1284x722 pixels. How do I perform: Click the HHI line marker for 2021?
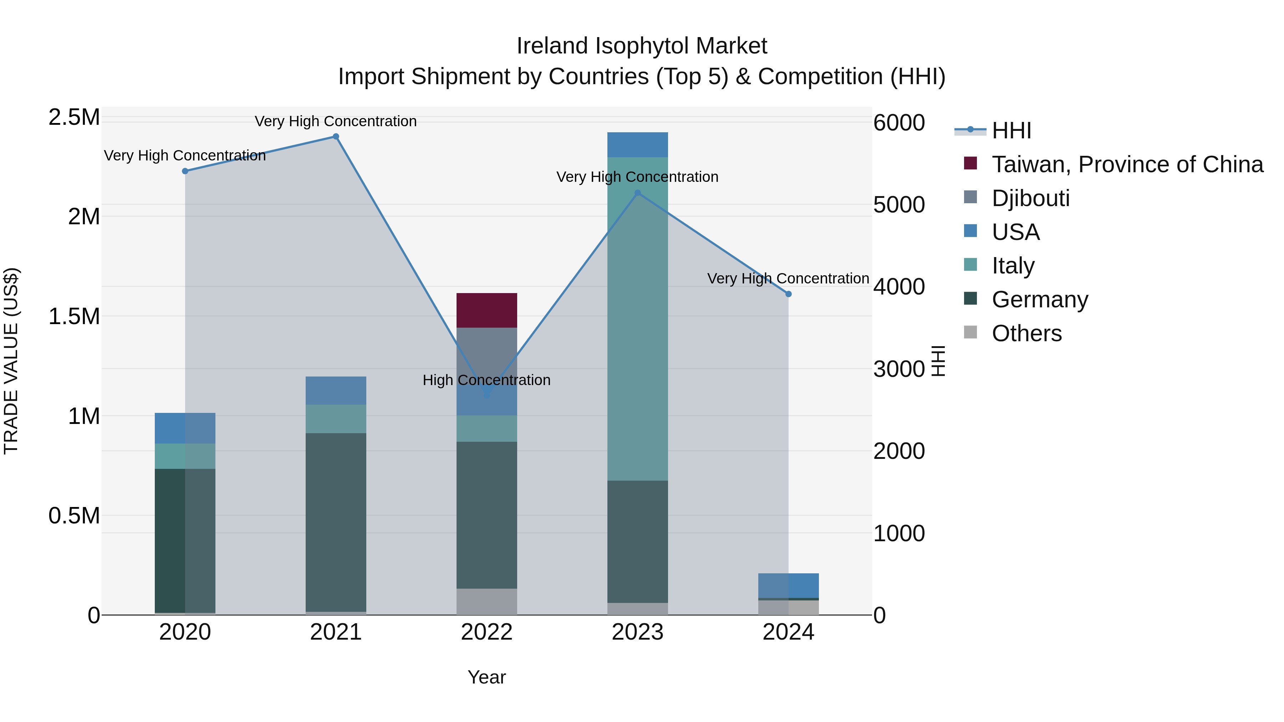336,137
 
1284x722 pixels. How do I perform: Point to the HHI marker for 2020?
185,171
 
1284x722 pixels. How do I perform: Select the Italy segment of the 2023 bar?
637,319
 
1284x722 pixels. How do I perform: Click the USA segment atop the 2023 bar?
637,144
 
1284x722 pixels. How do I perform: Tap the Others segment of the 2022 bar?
486,601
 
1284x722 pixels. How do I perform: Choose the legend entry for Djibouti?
1030,198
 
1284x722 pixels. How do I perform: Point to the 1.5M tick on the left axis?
74,316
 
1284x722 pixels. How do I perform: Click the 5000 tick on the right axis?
899,205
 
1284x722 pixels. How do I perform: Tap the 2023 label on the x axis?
637,632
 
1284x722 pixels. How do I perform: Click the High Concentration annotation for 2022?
486,380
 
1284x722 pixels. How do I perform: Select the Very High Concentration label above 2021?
336,121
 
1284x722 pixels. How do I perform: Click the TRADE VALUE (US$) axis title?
11,361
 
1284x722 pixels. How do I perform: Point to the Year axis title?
486,677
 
